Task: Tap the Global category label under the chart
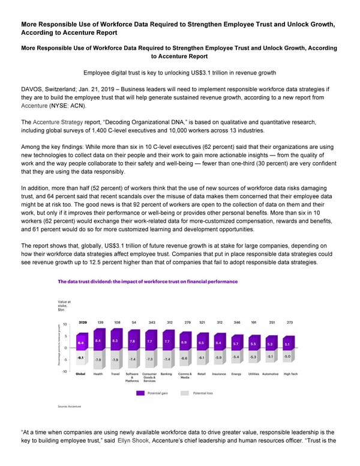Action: tap(80, 374)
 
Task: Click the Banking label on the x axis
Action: tap(167, 374)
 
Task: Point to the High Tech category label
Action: tap(290, 374)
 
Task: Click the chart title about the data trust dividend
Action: tap(147, 281)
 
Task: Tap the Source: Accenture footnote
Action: tap(69, 407)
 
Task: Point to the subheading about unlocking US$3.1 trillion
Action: tap(179, 73)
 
